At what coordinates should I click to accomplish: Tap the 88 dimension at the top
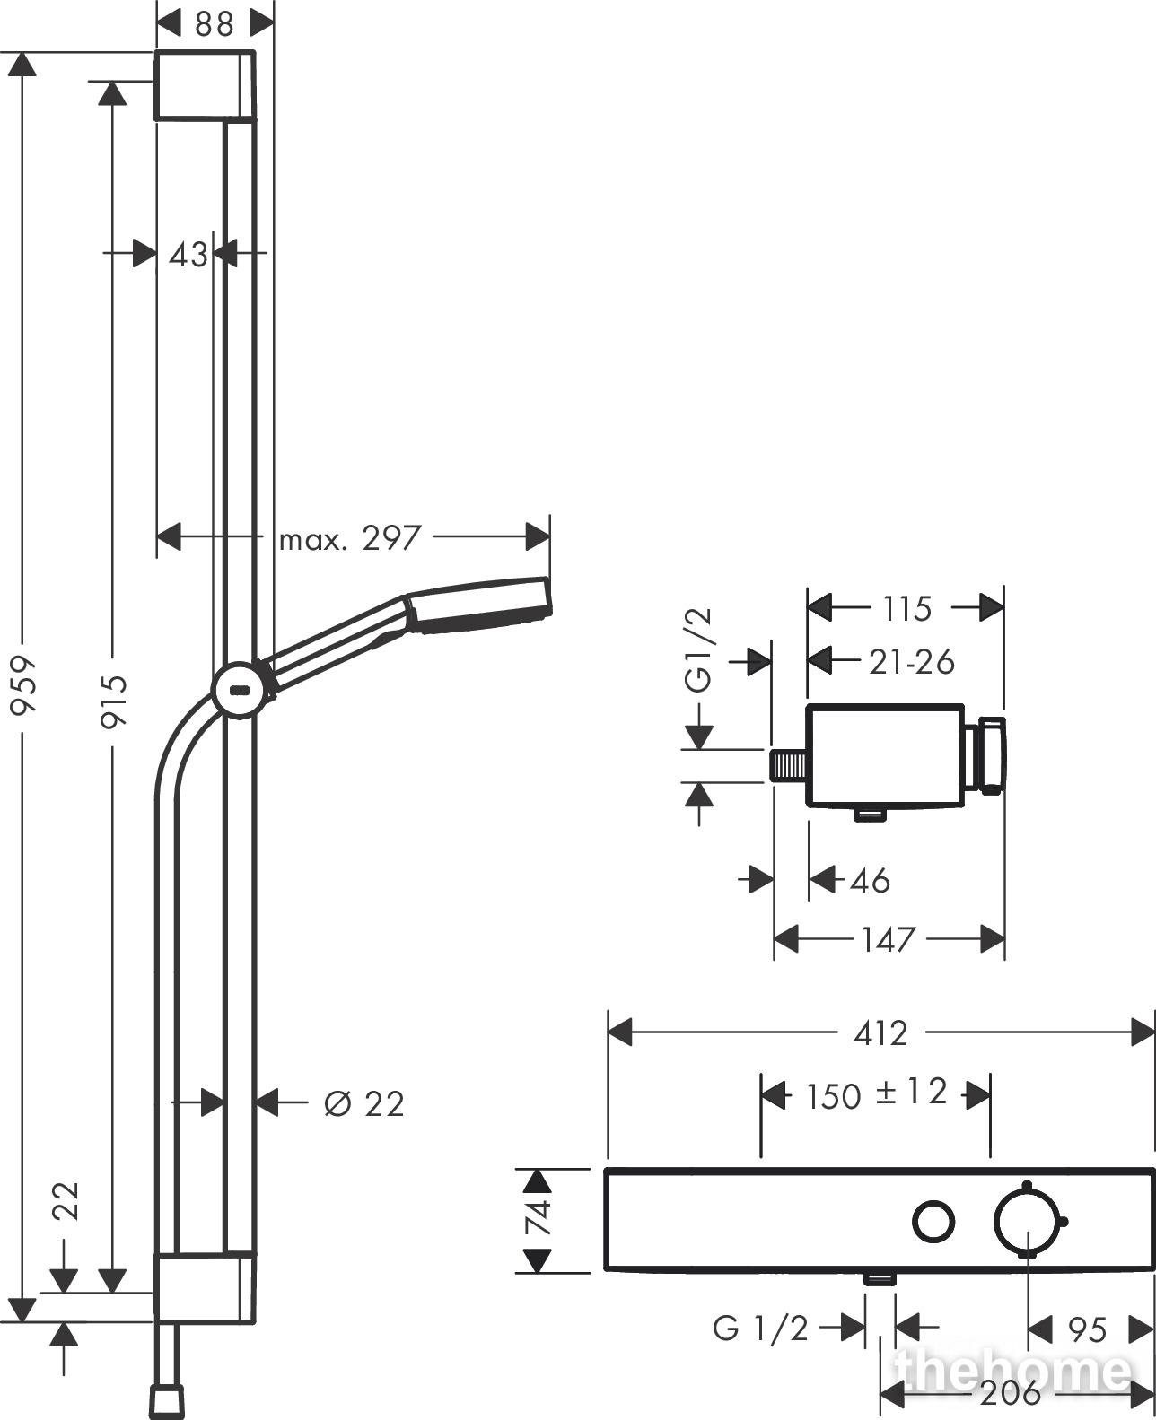pos(214,23)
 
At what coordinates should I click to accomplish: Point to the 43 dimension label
pos(188,255)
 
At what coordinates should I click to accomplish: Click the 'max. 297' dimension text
pos(350,539)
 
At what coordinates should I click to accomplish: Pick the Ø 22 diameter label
pos(364,1103)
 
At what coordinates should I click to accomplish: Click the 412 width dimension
pos(880,1033)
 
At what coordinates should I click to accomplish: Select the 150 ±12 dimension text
pos(877,1093)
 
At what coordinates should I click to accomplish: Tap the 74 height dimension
pos(537,1219)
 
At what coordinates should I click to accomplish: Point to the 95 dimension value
pos(1089,1329)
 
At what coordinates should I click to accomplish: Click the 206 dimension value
pos(1011,1393)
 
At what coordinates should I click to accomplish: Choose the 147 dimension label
pos(889,940)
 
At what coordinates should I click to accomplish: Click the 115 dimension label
pos(906,609)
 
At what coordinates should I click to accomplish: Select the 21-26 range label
pos(912,662)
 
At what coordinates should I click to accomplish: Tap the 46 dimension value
pos(870,880)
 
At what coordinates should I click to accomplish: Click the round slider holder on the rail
pos(240,692)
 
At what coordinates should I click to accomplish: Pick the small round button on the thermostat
pos(933,1222)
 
